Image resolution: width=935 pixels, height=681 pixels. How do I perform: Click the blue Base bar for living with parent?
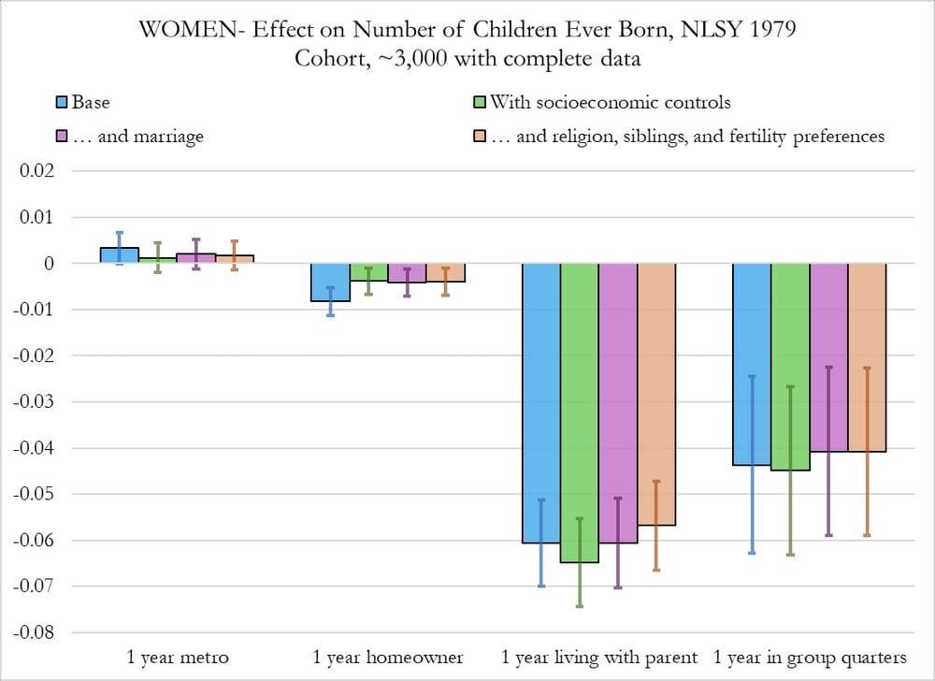(540, 402)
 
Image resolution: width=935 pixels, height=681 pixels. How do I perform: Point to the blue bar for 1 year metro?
(119, 255)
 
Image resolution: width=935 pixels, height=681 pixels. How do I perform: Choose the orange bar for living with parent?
(656, 394)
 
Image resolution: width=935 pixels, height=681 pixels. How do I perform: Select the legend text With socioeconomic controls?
(610, 102)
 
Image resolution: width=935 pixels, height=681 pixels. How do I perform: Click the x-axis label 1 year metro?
(177, 657)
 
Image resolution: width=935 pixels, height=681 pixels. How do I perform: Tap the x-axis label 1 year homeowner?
(388, 657)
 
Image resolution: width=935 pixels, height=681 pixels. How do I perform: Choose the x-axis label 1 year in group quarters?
(809, 657)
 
